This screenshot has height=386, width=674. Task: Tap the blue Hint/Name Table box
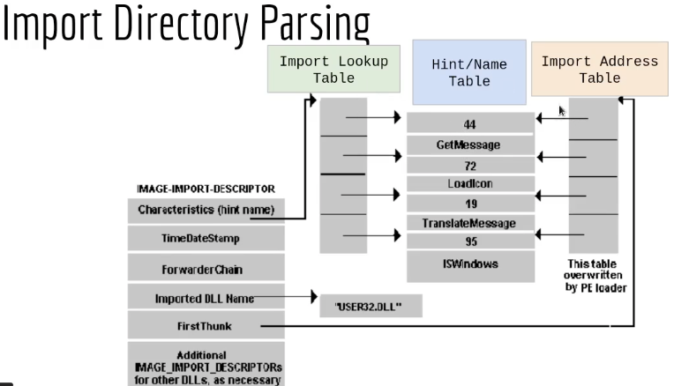pyautogui.click(x=468, y=71)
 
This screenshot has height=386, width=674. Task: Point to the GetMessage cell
pyautogui.click(x=469, y=145)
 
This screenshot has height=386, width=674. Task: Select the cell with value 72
pyautogui.click(x=469, y=165)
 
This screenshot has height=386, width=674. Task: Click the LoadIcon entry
pyautogui.click(x=469, y=184)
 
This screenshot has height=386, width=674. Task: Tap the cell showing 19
pyautogui.click(x=469, y=204)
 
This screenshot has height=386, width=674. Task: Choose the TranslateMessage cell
pyautogui.click(x=469, y=224)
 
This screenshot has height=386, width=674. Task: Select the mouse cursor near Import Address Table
pyautogui.click(x=562, y=112)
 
